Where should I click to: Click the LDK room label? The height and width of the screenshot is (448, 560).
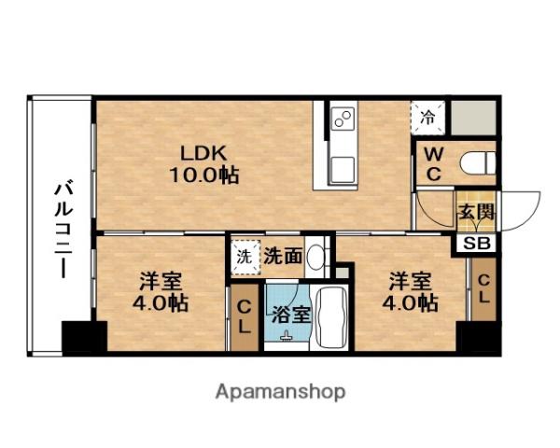(203, 154)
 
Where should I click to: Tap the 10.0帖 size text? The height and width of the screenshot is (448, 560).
(203, 175)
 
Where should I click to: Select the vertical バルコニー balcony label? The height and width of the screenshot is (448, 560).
(63, 231)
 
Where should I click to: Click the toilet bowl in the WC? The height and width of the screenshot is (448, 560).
(478, 163)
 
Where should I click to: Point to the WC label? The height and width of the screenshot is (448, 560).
(434, 164)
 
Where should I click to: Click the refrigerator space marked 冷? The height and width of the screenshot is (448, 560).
(427, 118)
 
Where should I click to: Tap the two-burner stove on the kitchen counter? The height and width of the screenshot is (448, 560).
(343, 119)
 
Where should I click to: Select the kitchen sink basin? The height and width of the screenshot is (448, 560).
(343, 170)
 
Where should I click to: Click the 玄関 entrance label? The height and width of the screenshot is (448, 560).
(476, 212)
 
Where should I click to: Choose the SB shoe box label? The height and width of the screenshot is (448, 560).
(477, 244)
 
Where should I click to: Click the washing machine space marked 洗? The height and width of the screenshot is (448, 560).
(245, 258)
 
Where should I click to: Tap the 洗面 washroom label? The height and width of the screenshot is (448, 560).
(283, 256)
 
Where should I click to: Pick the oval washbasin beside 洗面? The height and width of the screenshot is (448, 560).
(315, 258)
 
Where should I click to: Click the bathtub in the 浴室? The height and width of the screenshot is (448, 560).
(332, 317)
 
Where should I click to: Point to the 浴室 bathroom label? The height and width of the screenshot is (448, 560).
(290, 315)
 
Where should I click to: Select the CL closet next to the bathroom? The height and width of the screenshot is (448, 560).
(245, 317)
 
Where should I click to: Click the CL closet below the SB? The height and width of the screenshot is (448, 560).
(483, 289)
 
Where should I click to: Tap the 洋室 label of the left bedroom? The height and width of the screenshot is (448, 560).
(161, 281)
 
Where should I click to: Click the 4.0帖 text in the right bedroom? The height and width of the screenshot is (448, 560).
(410, 303)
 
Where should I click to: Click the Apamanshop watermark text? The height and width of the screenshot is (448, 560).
(280, 392)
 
